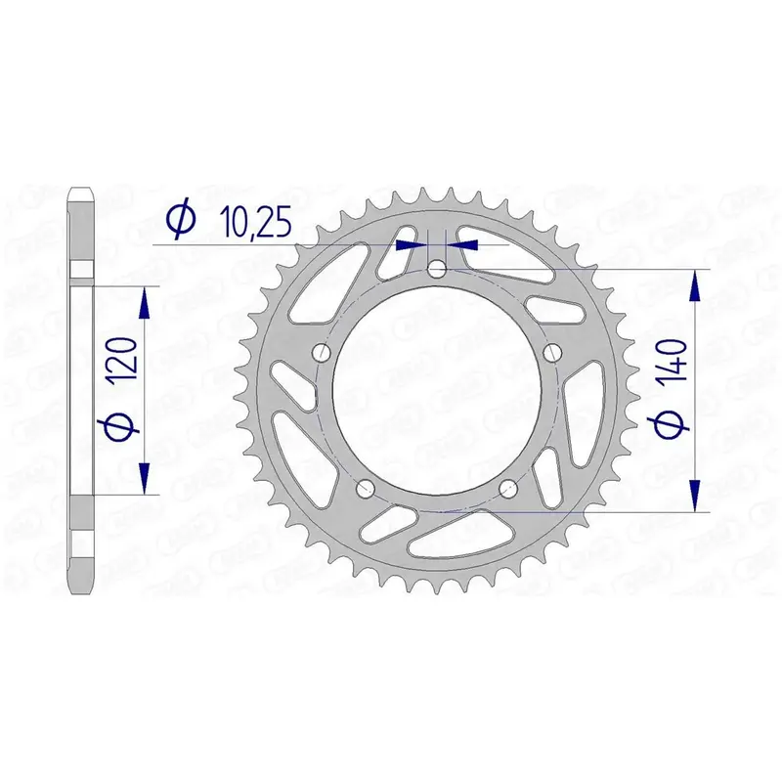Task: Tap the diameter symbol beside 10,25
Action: point(182,219)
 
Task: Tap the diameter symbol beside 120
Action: point(122,423)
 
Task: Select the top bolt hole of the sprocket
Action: point(437,270)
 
